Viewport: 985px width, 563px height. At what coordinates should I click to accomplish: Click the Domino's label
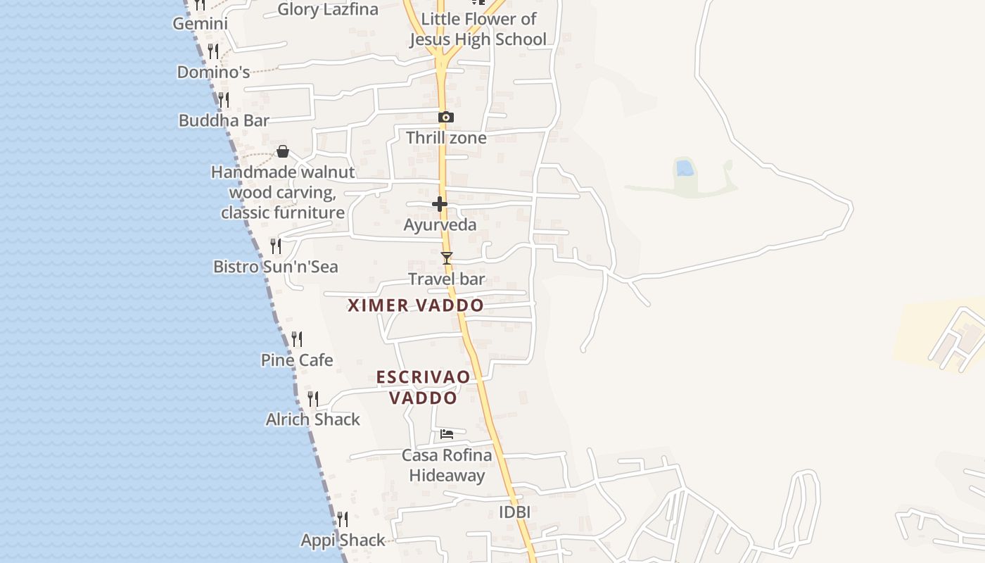pos(213,72)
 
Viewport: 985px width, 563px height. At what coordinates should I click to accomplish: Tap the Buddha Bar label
pos(224,120)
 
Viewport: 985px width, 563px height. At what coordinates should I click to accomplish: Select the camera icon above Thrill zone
pos(445,117)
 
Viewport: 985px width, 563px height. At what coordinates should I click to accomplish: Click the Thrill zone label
pos(446,137)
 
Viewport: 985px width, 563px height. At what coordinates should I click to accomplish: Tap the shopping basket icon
pos(282,151)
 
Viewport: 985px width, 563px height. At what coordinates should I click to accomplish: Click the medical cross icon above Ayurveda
pos(440,204)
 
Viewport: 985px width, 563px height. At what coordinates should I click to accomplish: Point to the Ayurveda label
pos(440,225)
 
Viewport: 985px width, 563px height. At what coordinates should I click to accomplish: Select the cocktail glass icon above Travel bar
pos(446,258)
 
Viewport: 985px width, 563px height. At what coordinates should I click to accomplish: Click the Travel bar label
pos(447,279)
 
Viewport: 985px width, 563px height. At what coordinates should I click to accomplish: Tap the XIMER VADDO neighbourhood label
pos(416,305)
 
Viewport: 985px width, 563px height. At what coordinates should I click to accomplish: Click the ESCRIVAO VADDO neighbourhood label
pos(423,387)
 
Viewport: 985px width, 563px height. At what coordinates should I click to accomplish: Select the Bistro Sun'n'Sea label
pos(276,267)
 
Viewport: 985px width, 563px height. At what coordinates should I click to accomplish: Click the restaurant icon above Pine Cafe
pos(297,339)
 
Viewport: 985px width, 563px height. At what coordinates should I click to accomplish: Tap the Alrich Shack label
pos(312,419)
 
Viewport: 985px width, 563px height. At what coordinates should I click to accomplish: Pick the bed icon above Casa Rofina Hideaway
pos(447,434)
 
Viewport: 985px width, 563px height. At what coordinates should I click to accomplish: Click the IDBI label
pos(514,512)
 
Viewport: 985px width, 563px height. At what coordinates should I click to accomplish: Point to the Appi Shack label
pos(343,540)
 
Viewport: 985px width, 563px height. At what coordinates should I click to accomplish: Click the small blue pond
pos(684,167)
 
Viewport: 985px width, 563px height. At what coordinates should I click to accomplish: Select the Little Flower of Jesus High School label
pos(478,29)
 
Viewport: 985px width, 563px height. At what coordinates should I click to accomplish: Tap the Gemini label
pos(201,24)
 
